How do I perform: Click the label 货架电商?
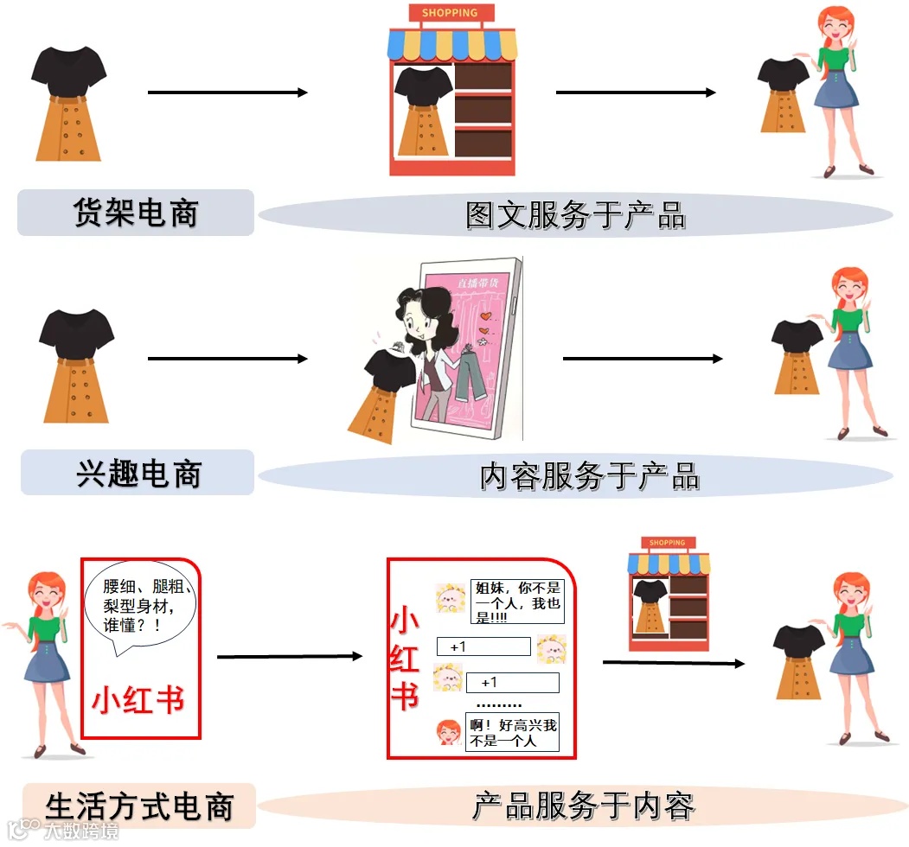coord(136,213)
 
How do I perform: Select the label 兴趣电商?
coord(138,473)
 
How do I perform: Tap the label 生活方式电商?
coord(139,806)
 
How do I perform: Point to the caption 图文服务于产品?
coord(575,215)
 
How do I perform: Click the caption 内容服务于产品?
coord(589,476)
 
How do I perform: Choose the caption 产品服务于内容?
coord(583,806)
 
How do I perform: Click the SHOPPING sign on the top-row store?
coord(450,13)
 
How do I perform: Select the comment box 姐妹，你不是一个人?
coord(516,601)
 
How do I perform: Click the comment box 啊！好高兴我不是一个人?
coord(512,733)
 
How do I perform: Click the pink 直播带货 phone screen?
coord(471,346)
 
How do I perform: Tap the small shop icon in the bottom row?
coord(668,593)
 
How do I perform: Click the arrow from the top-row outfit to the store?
coord(227,92)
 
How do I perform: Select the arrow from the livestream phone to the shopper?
coord(642,358)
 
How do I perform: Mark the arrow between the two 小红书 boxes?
coord(289,657)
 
